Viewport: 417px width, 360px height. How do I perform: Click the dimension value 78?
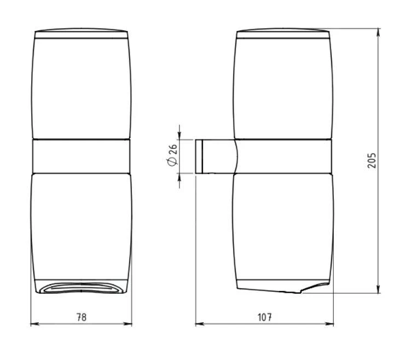[82, 317]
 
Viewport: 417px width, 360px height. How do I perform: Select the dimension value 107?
[265, 317]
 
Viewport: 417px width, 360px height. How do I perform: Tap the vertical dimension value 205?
[372, 160]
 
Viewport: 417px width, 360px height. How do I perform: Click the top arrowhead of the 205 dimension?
[379, 32]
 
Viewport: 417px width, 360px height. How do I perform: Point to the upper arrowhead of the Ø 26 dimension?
[180, 136]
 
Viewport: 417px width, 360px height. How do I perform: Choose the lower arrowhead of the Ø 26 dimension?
[180, 178]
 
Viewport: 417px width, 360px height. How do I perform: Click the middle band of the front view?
[82, 156]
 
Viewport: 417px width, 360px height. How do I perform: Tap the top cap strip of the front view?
[82, 34]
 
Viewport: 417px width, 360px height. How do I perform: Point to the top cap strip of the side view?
[283, 34]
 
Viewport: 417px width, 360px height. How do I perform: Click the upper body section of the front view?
[82, 88]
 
